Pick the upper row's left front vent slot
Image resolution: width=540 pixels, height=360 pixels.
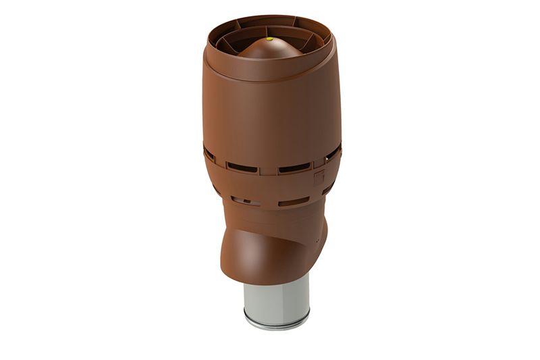click(x=242, y=166)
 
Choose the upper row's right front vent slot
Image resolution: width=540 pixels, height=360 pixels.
click(x=294, y=167)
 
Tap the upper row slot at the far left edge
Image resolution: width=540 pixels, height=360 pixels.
click(x=210, y=155)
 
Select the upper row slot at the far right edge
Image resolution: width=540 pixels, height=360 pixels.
click(x=333, y=153)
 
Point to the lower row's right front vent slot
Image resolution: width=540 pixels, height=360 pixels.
click(x=294, y=201)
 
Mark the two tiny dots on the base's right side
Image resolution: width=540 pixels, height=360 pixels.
click(x=317, y=240)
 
